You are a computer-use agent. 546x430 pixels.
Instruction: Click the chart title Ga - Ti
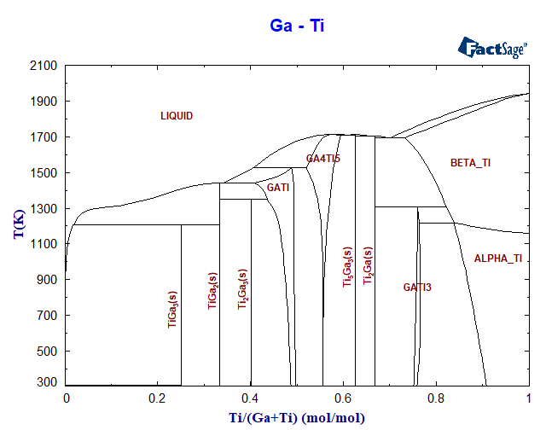[x=297, y=26]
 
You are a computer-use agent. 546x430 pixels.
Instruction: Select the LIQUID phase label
[x=177, y=116]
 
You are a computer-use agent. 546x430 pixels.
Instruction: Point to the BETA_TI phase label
[x=470, y=162]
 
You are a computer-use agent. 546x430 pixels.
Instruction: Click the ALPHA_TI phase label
[x=497, y=258]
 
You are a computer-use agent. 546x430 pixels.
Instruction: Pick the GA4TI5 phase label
[x=323, y=159]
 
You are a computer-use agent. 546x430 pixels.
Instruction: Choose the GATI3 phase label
[x=417, y=288]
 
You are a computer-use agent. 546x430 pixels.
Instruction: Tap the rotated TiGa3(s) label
[x=172, y=309]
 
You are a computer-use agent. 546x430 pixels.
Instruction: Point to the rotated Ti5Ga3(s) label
[x=347, y=266]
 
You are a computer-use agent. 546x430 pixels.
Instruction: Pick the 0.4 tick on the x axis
[x=251, y=398]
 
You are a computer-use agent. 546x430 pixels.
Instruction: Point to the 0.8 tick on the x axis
[x=436, y=398]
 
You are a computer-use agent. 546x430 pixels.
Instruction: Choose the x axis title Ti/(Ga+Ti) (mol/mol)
[x=297, y=417]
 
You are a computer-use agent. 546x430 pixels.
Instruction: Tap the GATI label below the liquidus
[x=278, y=187]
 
